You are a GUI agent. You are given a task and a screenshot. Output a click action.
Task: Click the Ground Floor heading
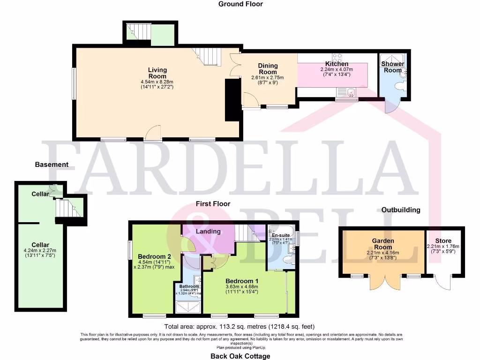(x=240, y=4)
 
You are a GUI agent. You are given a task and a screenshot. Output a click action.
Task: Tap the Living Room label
(x=157, y=73)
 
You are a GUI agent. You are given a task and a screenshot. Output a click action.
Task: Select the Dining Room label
(x=268, y=68)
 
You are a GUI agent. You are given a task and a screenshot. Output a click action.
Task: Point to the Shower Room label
(x=392, y=67)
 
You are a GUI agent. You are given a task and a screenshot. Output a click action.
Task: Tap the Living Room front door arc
(x=153, y=134)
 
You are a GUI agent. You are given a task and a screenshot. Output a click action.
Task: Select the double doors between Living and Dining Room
(x=235, y=65)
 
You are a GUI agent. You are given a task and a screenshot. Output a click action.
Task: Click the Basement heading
(x=52, y=165)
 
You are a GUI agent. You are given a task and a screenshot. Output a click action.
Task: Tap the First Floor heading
(x=213, y=204)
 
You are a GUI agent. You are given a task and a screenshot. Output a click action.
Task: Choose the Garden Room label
(x=383, y=244)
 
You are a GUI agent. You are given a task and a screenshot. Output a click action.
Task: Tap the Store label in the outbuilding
(x=443, y=241)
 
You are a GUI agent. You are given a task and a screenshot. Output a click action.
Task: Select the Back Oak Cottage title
(x=240, y=356)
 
